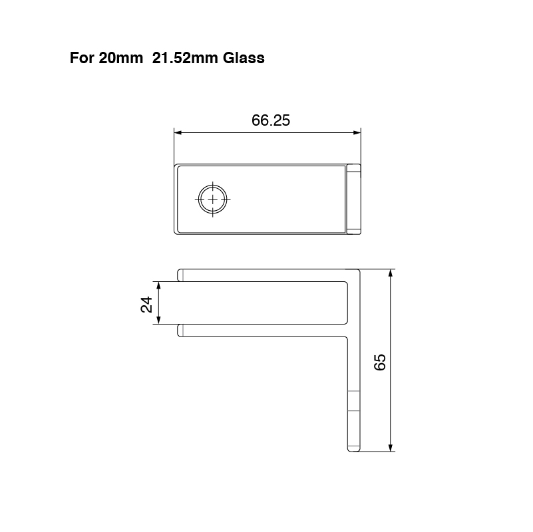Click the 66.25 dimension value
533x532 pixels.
(271, 120)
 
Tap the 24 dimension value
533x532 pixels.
(147, 304)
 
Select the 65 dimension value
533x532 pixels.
(380, 362)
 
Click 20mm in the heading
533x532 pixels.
(120, 58)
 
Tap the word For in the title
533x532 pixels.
(82, 58)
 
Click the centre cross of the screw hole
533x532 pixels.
(212, 199)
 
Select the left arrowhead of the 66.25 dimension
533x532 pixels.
(178, 132)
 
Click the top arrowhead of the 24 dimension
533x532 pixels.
(158, 284)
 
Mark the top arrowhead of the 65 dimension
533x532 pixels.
(391, 273)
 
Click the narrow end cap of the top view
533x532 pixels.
(353, 199)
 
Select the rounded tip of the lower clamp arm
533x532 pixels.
(180, 331)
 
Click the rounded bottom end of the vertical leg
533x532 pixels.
(353, 449)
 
